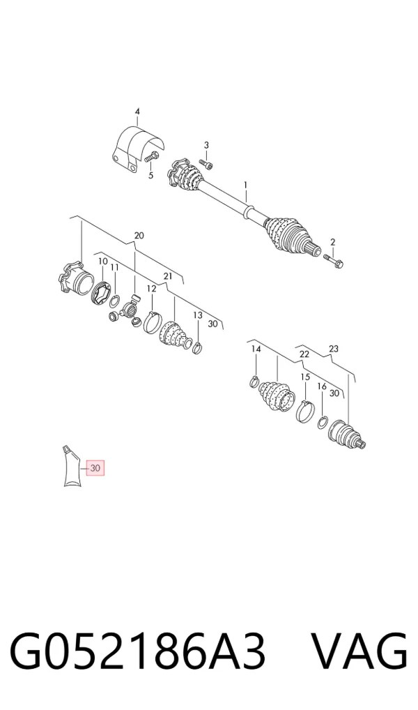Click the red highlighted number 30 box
pos(95,467)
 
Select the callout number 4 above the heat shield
pos(137,112)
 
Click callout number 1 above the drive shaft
pos(246,185)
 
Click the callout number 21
pos(168,275)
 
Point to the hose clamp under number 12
pos(153,322)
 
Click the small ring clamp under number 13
pos(198,348)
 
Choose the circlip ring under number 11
pos(116,299)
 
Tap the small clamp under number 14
pos(255,382)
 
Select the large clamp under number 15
pos(305,410)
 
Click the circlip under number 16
pos(323,422)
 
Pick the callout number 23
pos(334,349)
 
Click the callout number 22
pos(304,354)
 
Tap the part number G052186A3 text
pos(137,652)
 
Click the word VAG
pos(360,652)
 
